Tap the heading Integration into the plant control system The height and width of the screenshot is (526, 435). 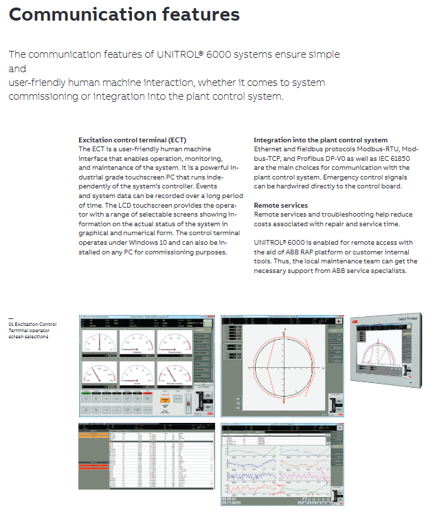[320, 140]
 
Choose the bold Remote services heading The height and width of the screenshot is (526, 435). [280, 205]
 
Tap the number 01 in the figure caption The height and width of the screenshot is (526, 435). [11, 322]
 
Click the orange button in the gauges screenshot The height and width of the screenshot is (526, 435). [165, 399]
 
